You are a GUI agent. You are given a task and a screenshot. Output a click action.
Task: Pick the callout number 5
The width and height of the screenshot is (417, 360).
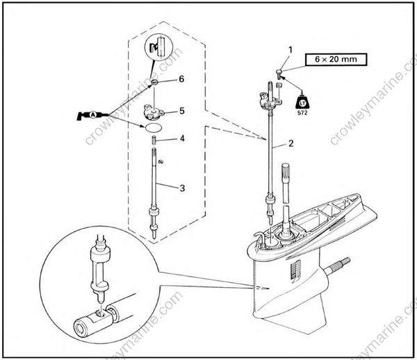coord(182,110)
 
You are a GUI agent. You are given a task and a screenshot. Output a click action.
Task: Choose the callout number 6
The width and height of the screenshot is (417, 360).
coord(181,79)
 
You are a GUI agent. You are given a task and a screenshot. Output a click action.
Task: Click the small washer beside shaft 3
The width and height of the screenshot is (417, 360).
coord(161,161)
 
